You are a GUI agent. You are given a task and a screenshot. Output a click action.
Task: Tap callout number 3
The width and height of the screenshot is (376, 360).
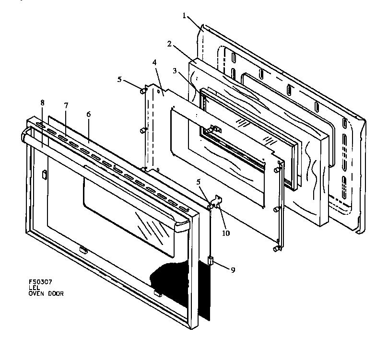click(176, 71)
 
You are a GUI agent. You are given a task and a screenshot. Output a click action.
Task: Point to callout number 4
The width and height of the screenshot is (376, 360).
click(154, 62)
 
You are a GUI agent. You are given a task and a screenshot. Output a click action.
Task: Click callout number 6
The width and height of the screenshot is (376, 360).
click(89, 115)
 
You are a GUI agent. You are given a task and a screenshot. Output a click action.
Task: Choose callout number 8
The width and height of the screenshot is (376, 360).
click(43, 103)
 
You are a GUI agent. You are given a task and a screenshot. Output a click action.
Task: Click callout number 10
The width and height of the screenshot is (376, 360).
click(225, 233)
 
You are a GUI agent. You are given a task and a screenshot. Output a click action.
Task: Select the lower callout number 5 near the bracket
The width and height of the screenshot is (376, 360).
click(199, 182)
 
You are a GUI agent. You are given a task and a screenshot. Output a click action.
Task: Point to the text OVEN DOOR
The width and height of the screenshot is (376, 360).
click(46, 294)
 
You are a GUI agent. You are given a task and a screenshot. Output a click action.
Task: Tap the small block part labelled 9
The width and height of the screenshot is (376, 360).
click(210, 261)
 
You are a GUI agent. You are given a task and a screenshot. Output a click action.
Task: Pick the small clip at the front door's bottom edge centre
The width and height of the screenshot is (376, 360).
click(82, 249)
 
